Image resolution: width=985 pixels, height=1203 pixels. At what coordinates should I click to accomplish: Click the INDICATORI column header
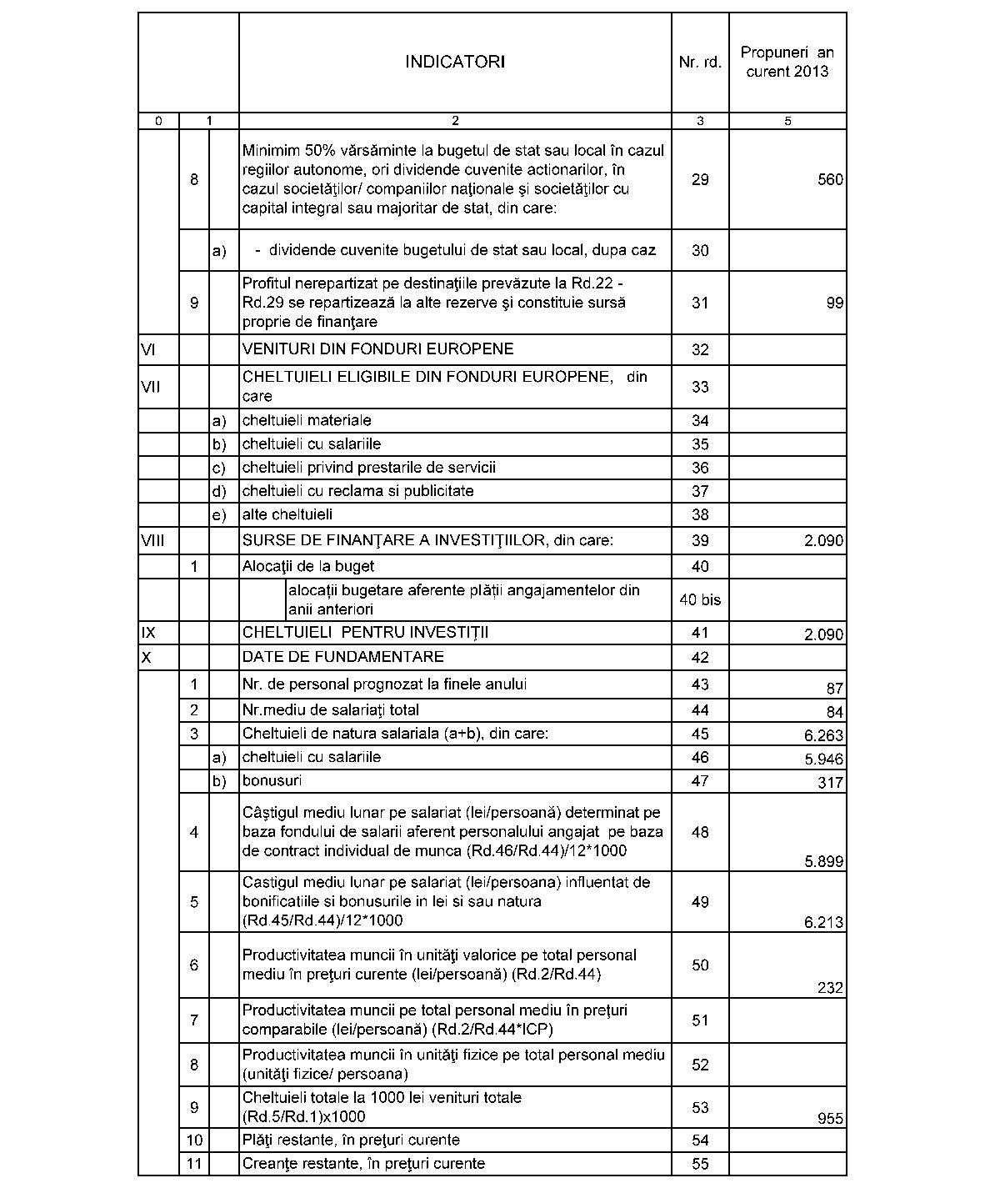pyautogui.click(x=454, y=62)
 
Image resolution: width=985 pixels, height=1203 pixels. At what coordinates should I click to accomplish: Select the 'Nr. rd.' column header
pyautogui.click(x=700, y=62)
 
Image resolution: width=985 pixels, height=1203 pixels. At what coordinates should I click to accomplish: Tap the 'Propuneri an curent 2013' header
pyautogui.click(x=787, y=62)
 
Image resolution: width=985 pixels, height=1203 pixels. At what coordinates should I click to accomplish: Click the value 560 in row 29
pyautogui.click(x=830, y=179)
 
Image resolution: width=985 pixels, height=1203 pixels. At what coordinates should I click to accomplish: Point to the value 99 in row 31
pyautogui.click(x=835, y=303)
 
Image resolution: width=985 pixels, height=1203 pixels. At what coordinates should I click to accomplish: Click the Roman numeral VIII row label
pyautogui.click(x=152, y=540)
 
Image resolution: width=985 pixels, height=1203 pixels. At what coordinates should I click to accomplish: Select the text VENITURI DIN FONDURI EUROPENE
pyautogui.click(x=377, y=348)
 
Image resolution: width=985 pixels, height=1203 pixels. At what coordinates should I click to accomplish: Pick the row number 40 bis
pyautogui.click(x=700, y=599)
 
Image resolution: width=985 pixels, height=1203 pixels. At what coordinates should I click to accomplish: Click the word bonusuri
pyautogui.click(x=272, y=780)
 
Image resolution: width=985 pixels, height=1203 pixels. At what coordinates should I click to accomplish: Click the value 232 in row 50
pyautogui.click(x=830, y=988)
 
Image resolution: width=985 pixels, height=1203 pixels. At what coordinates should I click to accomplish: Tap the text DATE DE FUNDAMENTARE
pyautogui.click(x=342, y=657)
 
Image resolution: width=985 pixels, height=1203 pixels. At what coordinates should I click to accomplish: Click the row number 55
pyautogui.click(x=700, y=1163)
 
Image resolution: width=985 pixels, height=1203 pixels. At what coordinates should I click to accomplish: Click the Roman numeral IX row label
pyautogui.click(x=147, y=633)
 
